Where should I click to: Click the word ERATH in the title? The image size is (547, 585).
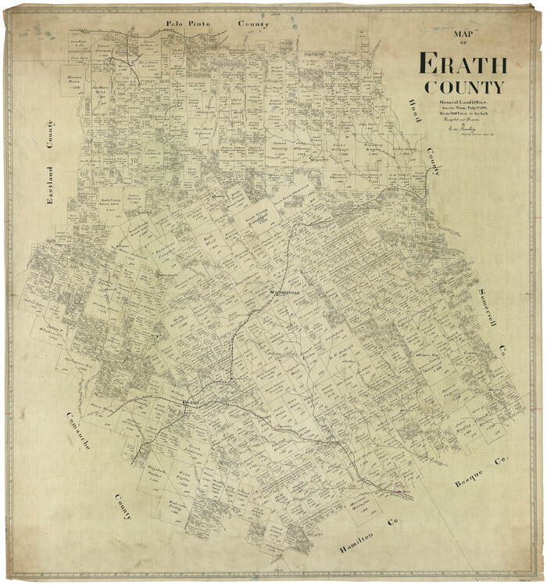pos(463,63)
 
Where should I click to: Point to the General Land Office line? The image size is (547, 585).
pos(462,103)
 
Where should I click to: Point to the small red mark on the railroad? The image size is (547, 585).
pos(402,493)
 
